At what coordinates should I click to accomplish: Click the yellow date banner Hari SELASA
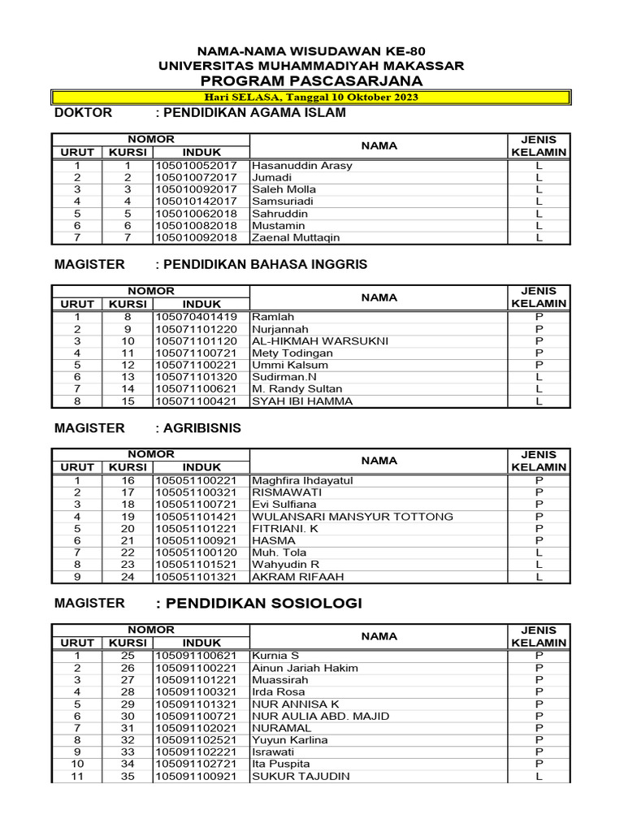pyautogui.click(x=312, y=97)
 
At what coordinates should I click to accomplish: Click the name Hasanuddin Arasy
pyautogui.click(x=302, y=166)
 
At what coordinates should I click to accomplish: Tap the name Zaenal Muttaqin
pyautogui.click(x=296, y=238)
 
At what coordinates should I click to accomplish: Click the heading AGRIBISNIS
pyautogui.click(x=198, y=428)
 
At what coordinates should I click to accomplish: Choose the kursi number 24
pyautogui.click(x=127, y=577)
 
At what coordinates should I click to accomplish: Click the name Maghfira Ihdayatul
pyautogui.click(x=302, y=481)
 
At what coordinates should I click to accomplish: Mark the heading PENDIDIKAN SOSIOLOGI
pyautogui.click(x=258, y=603)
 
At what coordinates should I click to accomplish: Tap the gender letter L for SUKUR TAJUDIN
pyautogui.click(x=539, y=777)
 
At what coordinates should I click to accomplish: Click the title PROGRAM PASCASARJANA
pyautogui.click(x=312, y=81)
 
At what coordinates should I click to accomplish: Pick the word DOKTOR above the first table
pyautogui.click(x=83, y=113)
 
